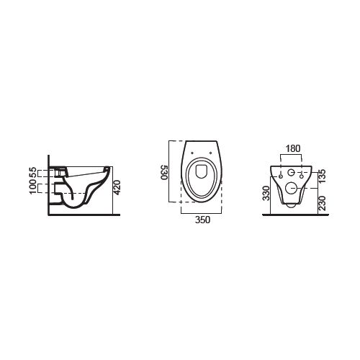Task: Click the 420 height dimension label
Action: click(117, 187)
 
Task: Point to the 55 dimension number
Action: click(33, 172)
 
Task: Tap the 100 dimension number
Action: click(33, 187)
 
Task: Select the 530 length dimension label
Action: click(163, 172)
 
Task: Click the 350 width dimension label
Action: click(202, 220)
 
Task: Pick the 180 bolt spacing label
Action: click(293, 148)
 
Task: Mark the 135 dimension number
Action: click(322, 176)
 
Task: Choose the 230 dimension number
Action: click(322, 203)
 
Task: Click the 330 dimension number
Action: click(266, 193)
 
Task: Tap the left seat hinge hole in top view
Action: click(192, 153)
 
